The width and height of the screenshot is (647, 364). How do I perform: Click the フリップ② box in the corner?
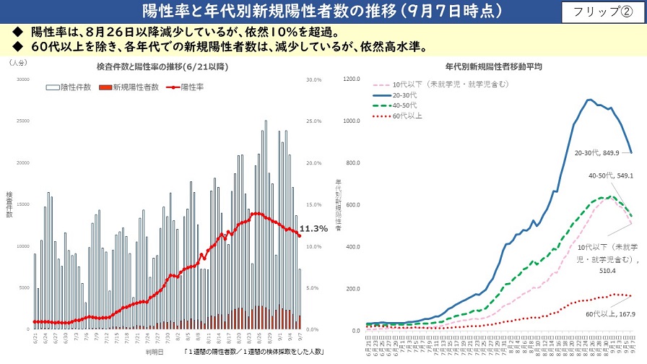tap(602, 12)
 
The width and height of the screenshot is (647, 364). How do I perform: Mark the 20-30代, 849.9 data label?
tap(596, 153)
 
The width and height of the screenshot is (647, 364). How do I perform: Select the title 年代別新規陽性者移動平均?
tap(492, 66)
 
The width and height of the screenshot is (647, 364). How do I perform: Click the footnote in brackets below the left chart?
tap(253, 353)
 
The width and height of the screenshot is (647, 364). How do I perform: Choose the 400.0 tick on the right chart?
tap(351, 247)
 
